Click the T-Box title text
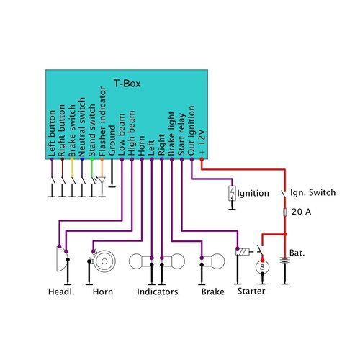[x=127, y=84]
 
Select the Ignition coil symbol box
[x=232, y=194]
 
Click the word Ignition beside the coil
[x=254, y=193]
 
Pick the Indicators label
[x=158, y=292]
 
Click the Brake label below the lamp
[x=212, y=292]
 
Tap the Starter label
[x=251, y=292]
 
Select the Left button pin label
[x=52, y=134]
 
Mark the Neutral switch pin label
[x=82, y=132]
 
